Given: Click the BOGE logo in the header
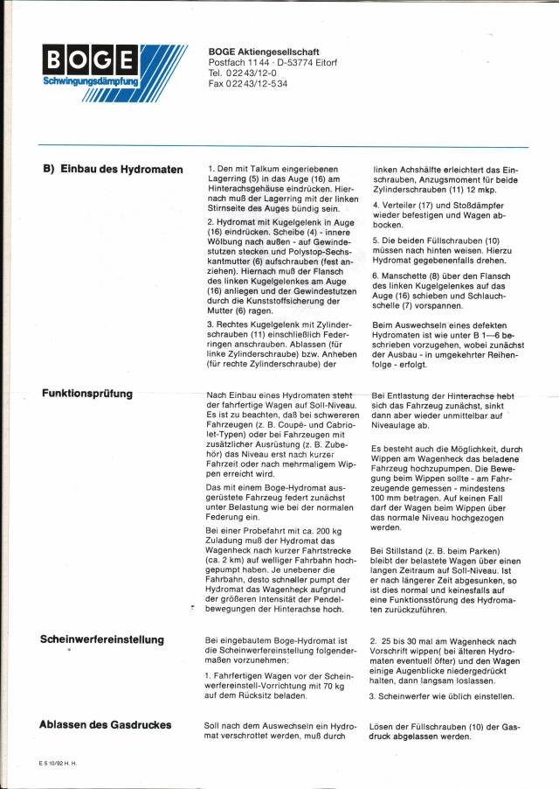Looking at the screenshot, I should tap(92, 60).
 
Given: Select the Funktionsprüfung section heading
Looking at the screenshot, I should tap(86, 394).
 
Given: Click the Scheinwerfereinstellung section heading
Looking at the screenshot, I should tap(101, 639).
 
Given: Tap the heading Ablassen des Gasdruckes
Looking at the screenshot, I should tap(105, 724).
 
